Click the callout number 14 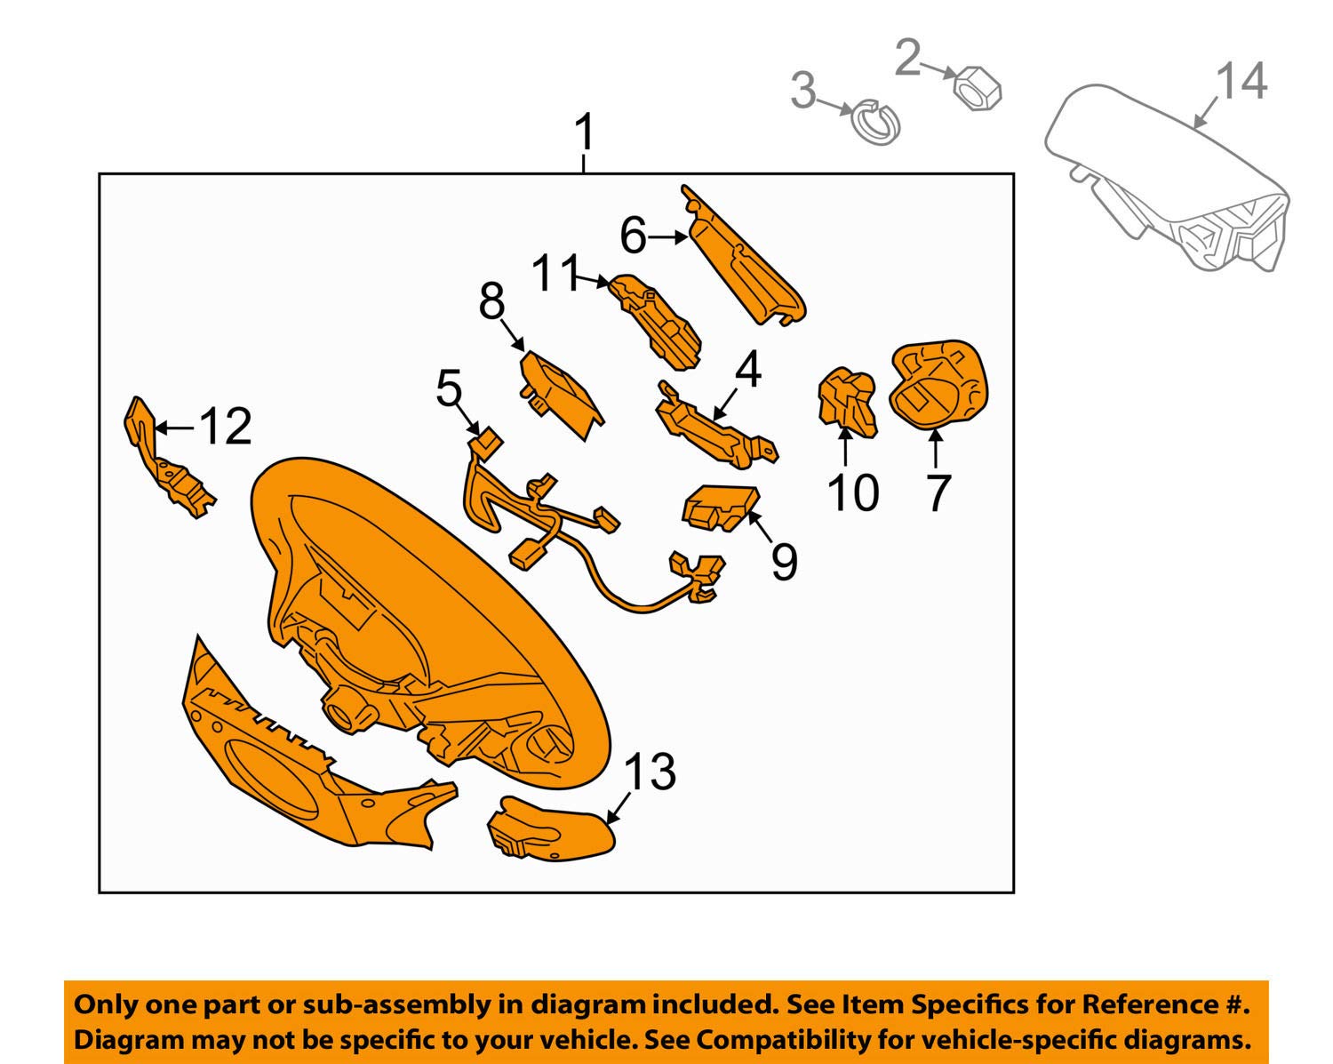coord(1241,82)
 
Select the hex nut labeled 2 coord(977,89)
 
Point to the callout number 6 coord(633,236)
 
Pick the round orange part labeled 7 coord(938,384)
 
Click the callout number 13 coord(651,772)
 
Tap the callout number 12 coord(226,427)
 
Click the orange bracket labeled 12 coord(169,467)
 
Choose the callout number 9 coord(784,560)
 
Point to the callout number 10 coord(852,493)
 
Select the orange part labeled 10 coord(846,402)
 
